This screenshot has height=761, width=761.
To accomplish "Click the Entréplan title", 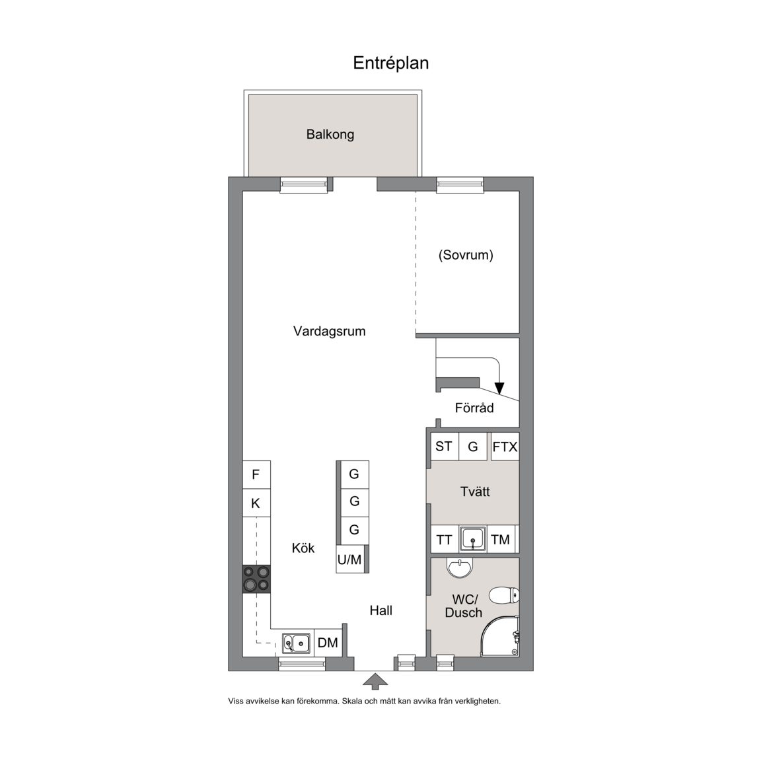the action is pyautogui.click(x=390, y=63).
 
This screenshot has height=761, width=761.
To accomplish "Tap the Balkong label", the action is pyautogui.click(x=330, y=135).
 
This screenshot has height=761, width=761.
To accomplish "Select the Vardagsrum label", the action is pyautogui.click(x=329, y=332).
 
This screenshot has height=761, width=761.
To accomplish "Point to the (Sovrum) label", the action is pyautogui.click(x=466, y=255).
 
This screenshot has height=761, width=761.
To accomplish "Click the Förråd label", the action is pyautogui.click(x=474, y=408).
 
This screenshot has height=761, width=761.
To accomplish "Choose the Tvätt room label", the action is pyautogui.click(x=475, y=491).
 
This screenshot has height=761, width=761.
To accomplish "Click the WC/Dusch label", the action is pyautogui.click(x=464, y=606).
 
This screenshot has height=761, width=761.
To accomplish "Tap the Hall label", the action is pyautogui.click(x=381, y=610).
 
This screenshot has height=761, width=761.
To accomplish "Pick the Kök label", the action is pyautogui.click(x=303, y=548).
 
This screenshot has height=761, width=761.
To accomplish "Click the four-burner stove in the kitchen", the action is pyautogui.click(x=256, y=579).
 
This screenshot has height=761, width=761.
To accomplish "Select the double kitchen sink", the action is pyautogui.click(x=296, y=643).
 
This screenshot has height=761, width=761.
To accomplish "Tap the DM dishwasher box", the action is pyautogui.click(x=328, y=643).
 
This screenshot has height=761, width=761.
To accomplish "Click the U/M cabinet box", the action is pyautogui.click(x=350, y=559).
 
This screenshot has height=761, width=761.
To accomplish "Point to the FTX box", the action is pyautogui.click(x=505, y=447).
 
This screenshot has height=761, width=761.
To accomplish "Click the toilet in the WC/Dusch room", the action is pyautogui.click(x=504, y=595).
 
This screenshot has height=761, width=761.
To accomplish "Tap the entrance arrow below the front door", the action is pyautogui.click(x=376, y=681).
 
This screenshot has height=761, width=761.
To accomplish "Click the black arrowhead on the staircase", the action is pyautogui.click(x=499, y=388).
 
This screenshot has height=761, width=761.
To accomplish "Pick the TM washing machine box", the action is pyautogui.click(x=500, y=539).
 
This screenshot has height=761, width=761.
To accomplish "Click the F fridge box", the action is pyautogui.click(x=256, y=475).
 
